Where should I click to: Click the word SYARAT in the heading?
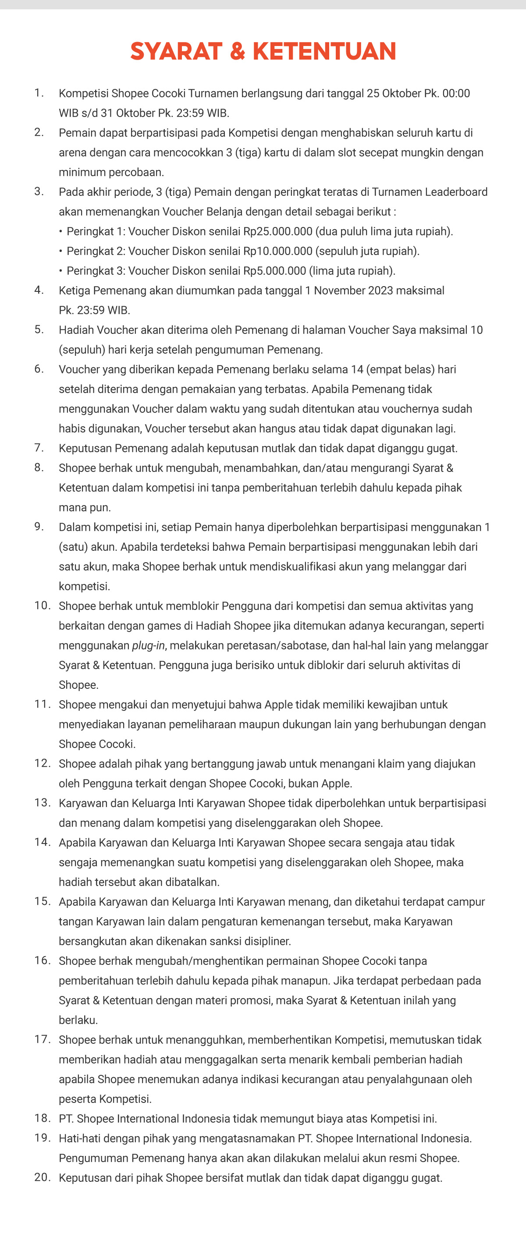click(176, 51)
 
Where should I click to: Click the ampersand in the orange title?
click(237, 51)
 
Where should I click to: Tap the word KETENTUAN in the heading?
click(324, 51)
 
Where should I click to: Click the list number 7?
click(39, 448)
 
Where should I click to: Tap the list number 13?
click(42, 803)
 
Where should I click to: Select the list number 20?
click(42, 1177)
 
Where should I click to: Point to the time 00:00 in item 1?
click(456, 94)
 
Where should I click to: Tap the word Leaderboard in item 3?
click(458, 192)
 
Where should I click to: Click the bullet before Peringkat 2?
click(61, 251)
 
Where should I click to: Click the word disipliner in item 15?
click(267, 941)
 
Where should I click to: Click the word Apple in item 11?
click(279, 705)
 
